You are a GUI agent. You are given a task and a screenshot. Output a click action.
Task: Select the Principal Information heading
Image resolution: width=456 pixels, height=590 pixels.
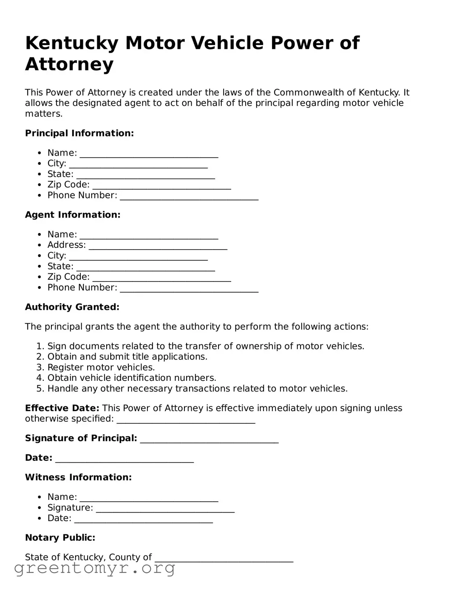(79, 133)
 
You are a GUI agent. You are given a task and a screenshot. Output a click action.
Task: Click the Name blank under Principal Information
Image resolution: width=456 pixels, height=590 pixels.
(149, 154)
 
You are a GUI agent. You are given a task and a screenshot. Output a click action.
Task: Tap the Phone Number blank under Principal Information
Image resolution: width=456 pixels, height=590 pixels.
(189, 196)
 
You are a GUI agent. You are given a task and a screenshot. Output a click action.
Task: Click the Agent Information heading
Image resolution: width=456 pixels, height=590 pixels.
(73, 215)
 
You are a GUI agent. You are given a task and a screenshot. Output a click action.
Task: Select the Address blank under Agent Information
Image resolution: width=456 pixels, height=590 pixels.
(158, 246)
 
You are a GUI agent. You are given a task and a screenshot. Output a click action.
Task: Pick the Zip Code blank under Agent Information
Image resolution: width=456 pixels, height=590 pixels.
(161, 278)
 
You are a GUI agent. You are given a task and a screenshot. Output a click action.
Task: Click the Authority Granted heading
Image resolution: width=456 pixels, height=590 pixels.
(72, 307)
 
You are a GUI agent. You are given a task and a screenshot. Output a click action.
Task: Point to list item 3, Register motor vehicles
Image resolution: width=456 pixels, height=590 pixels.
(101, 368)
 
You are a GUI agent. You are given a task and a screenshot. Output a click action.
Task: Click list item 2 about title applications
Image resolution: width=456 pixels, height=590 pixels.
(127, 357)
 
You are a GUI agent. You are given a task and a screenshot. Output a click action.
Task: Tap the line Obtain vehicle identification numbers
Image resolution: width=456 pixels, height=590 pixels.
(132, 378)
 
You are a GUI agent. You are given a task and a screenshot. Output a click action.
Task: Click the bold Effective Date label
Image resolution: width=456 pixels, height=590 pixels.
(62, 408)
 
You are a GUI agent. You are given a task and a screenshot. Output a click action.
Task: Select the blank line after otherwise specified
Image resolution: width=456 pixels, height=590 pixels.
(186, 420)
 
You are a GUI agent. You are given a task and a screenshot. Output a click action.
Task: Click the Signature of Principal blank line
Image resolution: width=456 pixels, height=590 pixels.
(209, 439)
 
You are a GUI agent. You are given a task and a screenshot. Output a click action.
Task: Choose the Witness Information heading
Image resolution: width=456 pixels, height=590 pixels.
(78, 478)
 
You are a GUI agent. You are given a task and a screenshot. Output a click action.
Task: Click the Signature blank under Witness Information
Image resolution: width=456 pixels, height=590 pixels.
(165, 509)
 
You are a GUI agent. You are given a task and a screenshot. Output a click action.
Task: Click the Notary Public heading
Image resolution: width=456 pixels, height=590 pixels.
(60, 538)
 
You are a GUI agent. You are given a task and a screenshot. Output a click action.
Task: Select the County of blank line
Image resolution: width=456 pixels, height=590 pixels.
(224, 558)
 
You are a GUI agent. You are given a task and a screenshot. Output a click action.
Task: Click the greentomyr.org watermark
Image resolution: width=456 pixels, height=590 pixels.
(95, 568)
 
